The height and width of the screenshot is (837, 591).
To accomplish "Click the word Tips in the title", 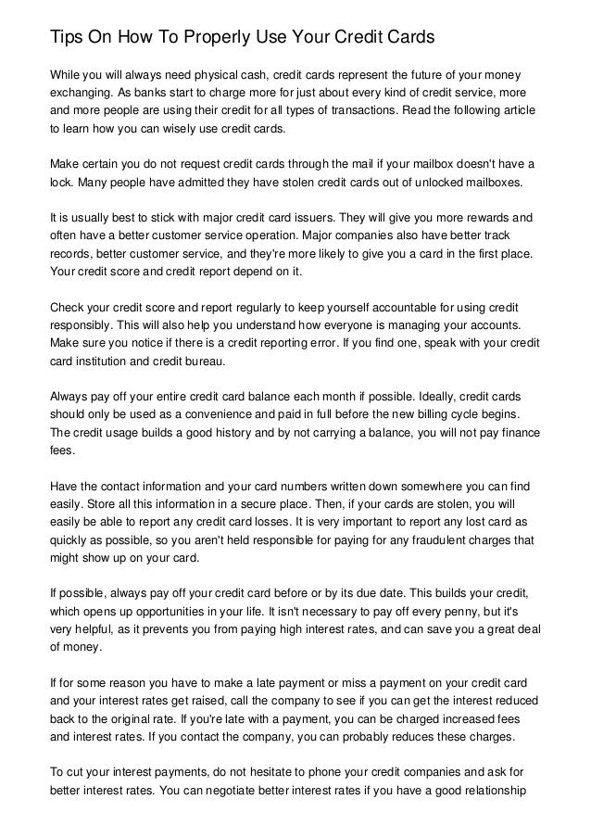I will [67, 39].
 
